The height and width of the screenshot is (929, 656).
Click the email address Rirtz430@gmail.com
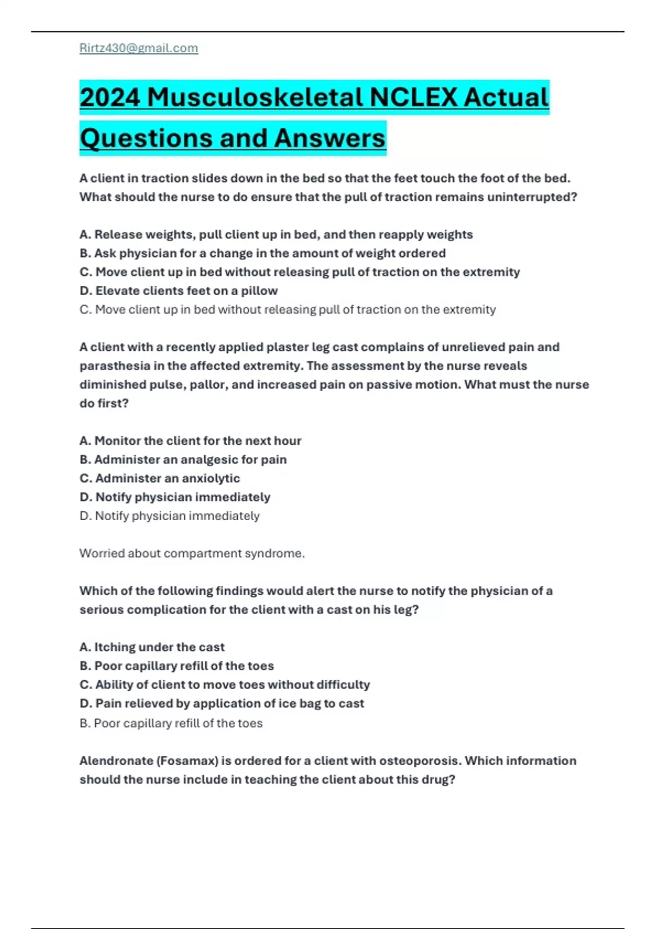pos(139,48)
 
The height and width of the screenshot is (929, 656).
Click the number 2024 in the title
pos(110,98)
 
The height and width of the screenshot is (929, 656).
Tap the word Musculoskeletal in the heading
pos(255,98)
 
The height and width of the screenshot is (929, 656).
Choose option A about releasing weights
pos(276,234)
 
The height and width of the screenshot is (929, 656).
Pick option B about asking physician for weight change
pos(262,253)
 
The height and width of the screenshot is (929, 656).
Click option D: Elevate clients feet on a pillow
pos(179,291)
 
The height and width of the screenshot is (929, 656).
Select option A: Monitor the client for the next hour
pos(190,440)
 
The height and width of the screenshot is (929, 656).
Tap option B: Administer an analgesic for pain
pos(183,460)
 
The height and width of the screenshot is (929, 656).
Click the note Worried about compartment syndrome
pos(192,553)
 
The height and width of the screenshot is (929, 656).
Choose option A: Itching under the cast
pos(152,647)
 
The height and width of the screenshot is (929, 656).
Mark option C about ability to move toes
pos(225,685)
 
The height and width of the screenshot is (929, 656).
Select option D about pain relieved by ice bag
pos(221,703)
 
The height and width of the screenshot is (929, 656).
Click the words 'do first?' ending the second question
pos(104,403)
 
